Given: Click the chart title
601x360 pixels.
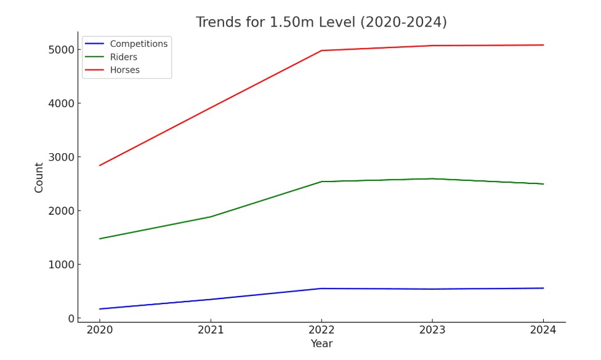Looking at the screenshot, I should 321,23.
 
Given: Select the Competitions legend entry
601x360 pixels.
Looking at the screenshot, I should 139,44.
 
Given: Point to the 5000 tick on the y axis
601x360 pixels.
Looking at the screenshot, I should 61,49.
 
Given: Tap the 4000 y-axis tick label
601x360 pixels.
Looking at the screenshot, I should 61,103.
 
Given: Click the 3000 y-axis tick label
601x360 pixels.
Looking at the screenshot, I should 61,157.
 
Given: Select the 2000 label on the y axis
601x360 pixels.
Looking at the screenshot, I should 61,211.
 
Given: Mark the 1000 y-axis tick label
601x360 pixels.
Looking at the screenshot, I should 61,265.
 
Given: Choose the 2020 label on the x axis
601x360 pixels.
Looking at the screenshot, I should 100,330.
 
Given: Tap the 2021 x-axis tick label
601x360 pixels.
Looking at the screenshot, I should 211,330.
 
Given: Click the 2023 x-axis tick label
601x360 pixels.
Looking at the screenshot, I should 432,330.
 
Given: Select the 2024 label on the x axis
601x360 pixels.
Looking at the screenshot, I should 543,330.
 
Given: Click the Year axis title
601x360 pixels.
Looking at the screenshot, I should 321,344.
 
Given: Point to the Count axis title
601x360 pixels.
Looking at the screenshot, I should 39,177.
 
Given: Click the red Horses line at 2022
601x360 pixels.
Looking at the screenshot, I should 321,50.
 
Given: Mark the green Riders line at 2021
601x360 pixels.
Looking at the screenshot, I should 211,217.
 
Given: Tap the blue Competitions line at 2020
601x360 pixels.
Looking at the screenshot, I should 100,309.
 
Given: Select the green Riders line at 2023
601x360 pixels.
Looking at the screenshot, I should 432,179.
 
